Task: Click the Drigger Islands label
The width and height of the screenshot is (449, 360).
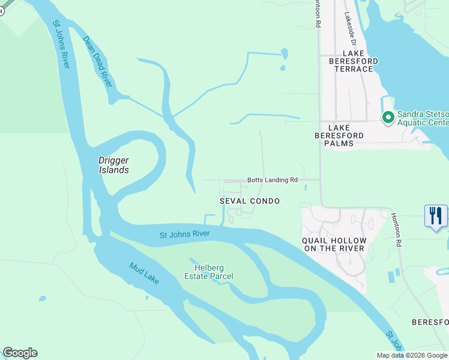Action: pyautogui.click(x=113, y=165)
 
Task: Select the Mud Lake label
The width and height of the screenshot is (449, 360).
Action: pyautogui.click(x=144, y=274)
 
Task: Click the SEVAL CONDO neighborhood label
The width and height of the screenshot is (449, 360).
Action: pyautogui.click(x=250, y=201)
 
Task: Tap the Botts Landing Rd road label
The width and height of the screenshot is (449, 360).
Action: pyautogui.click(x=273, y=180)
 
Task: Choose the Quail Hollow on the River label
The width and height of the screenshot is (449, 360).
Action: pyautogui.click(x=334, y=244)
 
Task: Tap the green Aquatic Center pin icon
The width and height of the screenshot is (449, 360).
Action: pyautogui.click(x=388, y=118)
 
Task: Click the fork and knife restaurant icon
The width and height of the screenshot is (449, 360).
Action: pyautogui.click(x=436, y=216)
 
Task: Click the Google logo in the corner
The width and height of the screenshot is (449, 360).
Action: pyautogui.click(x=20, y=353)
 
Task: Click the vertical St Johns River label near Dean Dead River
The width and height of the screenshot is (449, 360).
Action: pyautogui.click(x=61, y=44)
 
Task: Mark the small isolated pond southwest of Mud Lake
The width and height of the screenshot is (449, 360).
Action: pyautogui.click(x=42, y=298)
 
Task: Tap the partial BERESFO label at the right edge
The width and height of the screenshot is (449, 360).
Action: pyautogui.click(x=430, y=322)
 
